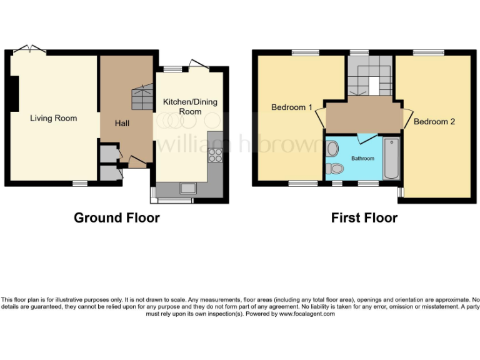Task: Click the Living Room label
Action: (x=54, y=118)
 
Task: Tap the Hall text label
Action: (x=122, y=124)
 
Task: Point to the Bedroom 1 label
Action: (x=292, y=107)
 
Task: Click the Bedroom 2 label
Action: (x=434, y=121)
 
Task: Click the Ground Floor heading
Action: (x=117, y=218)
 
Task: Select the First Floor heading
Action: (x=364, y=218)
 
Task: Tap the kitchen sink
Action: (x=187, y=187)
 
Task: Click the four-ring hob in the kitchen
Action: (x=216, y=155)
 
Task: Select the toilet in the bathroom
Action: (x=336, y=169)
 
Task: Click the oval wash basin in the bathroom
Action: (x=332, y=149)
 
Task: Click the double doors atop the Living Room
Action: (x=29, y=49)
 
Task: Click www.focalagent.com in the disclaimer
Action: (x=307, y=314)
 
